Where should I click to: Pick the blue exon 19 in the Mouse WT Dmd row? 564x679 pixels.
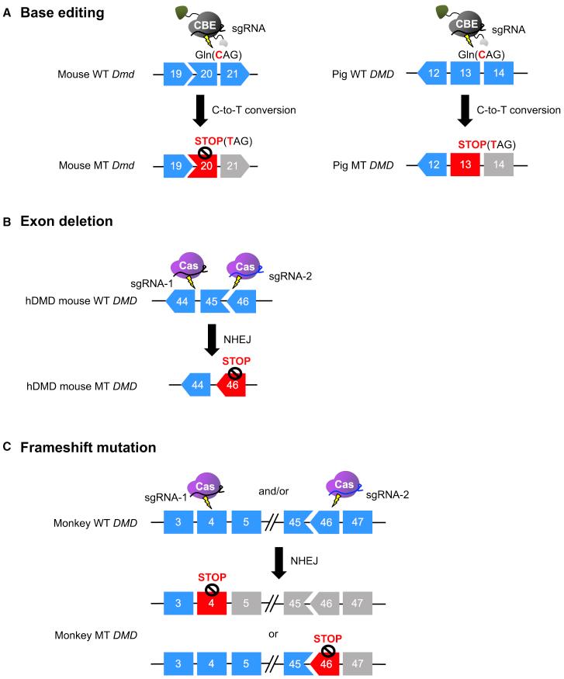click(175, 74)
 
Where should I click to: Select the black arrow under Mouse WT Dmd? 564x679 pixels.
click(200, 109)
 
